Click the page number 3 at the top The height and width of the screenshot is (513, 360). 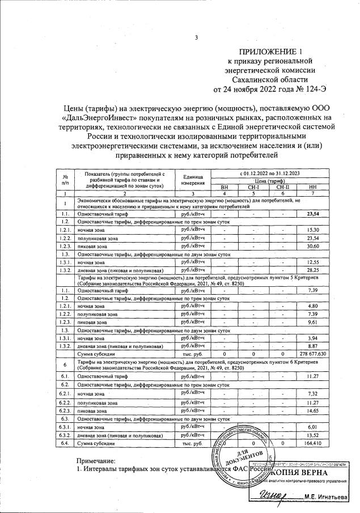pos(196,38)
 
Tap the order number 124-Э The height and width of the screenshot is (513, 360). pos(312,89)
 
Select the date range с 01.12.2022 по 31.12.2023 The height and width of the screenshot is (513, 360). pos(268,172)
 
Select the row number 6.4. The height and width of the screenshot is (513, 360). pos(65,443)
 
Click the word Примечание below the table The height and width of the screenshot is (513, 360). pos(96,462)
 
